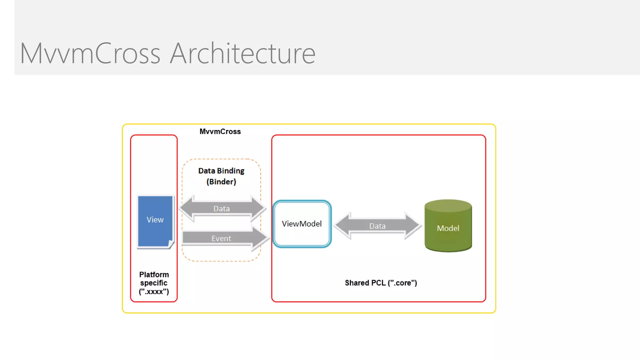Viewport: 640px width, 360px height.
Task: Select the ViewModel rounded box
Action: click(x=302, y=224)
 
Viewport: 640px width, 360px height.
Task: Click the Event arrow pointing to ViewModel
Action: click(x=221, y=238)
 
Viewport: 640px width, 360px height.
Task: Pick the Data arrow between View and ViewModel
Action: click(x=221, y=208)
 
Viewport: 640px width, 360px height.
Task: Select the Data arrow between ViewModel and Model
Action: click(x=377, y=226)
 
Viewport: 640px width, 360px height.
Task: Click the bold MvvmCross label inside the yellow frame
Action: click(x=220, y=132)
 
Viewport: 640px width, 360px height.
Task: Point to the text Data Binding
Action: click(x=221, y=171)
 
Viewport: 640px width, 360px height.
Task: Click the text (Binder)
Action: click(x=221, y=182)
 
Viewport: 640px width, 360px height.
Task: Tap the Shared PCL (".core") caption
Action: click(x=381, y=283)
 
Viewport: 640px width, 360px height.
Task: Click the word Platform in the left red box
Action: click(x=154, y=275)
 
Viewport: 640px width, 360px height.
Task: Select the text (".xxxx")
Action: click(x=154, y=292)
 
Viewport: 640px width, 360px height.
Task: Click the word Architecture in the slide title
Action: click(x=243, y=53)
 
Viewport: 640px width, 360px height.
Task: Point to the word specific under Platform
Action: click(x=154, y=283)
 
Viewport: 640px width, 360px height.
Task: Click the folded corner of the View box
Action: click(x=171, y=244)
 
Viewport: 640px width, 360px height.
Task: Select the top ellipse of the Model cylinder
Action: click(x=448, y=206)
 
